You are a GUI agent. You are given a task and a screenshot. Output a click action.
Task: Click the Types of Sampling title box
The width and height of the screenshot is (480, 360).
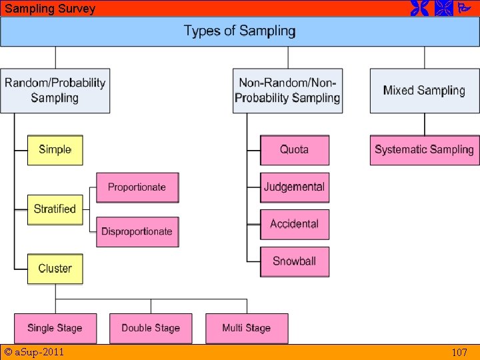pyautogui.click(x=239, y=31)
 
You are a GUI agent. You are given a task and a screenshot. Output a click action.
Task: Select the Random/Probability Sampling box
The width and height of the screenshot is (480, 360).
pyautogui.click(x=55, y=91)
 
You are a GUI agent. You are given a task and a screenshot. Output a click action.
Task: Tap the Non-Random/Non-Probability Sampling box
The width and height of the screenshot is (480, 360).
pyautogui.click(x=287, y=91)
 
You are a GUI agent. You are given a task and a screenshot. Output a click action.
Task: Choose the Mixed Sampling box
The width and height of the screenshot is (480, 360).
pyautogui.click(x=424, y=91)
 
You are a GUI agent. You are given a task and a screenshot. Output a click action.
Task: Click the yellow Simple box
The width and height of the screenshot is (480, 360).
pyautogui.click(x=55, y=150)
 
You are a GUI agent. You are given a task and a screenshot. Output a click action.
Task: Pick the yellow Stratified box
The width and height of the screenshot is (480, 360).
pyautogui.click(x=55, y=209)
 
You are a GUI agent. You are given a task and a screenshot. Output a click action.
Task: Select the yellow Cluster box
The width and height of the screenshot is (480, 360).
pyautogui.click(x=55, y=269)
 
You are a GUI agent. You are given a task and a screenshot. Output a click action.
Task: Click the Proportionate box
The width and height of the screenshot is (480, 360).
pyautogui.click(x=137, y=187)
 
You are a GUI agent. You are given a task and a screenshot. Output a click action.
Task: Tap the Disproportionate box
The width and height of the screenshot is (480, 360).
pyautogui.click(x=137, y=232)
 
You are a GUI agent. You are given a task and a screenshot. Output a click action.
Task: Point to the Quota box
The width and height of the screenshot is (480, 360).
pyautogui.click(x=294, y=150)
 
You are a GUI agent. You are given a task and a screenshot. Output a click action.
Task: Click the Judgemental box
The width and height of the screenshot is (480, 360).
pyautogui.click(x=294, y=187)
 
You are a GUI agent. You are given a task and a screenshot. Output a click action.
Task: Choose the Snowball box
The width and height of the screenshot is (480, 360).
pyautogui.click(x=294, y=261)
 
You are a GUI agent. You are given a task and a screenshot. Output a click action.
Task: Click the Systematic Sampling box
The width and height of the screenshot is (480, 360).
pyautogui.click(x=424, y=150)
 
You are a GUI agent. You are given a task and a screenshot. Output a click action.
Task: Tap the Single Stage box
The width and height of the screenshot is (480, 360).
pyautogui.click(x=55, y=328)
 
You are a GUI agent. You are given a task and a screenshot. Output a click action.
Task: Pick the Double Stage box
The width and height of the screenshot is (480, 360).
pyautogui.click(x=151, y=328)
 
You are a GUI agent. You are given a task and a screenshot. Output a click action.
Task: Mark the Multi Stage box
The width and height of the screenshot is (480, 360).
pyautogui.click(x=247, y=328)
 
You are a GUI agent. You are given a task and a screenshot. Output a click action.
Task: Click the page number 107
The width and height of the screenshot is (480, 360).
pyautogui.click(x=459, y=353)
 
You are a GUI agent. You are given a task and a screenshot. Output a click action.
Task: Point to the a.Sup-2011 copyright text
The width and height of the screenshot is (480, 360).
pyautogui.click(x=34, y=352)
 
